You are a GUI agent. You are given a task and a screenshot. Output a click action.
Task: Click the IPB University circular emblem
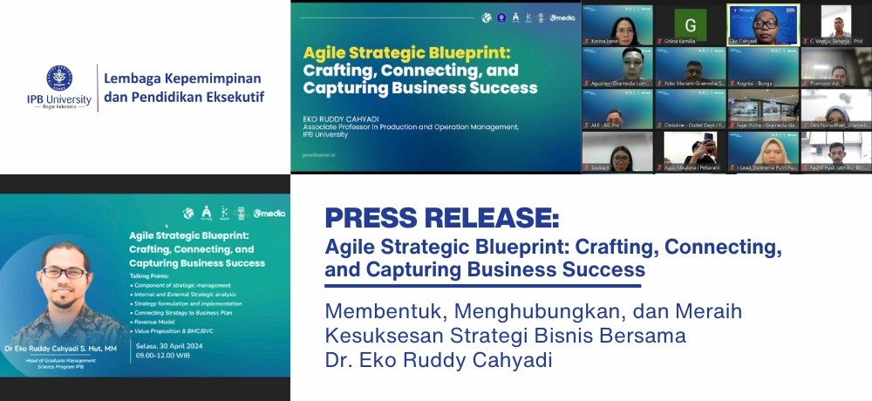pyautogui.click(x=58, y=79)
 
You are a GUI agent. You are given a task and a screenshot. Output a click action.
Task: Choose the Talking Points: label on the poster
pyautogui.click(x=152, y=275)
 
